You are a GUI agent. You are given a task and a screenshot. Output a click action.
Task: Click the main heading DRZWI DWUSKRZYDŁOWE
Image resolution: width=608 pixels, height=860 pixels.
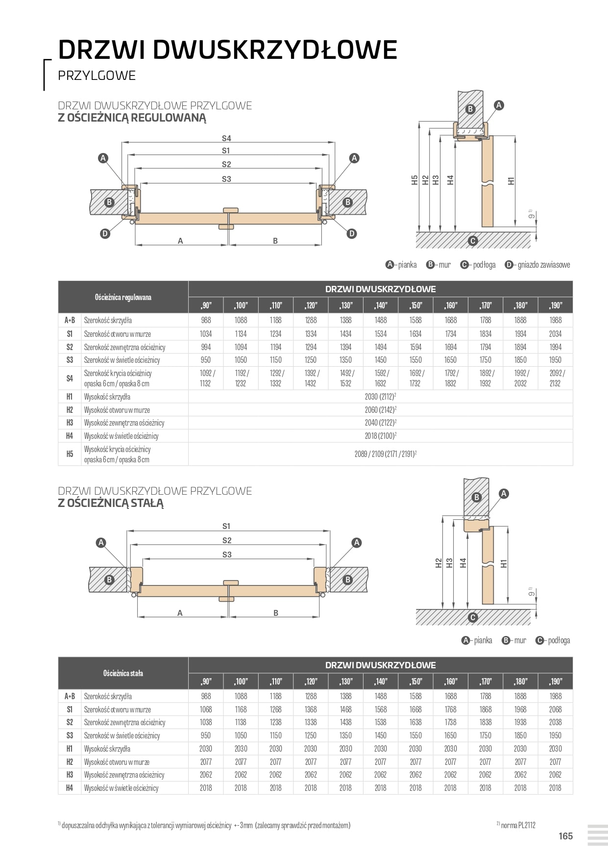coord(227,50)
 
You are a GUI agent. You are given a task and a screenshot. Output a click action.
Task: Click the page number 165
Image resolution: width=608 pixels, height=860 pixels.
coord(565,836)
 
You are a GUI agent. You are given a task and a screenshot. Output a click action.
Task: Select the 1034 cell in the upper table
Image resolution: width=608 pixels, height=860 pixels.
coord(206,334)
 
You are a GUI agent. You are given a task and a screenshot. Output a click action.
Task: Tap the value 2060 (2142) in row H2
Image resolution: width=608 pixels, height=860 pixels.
coord(380,410)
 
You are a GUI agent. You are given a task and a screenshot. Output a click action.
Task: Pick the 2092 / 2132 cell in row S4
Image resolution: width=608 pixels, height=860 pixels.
coord(555,378)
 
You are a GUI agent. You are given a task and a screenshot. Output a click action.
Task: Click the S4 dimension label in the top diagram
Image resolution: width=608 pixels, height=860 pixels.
coord(226,138)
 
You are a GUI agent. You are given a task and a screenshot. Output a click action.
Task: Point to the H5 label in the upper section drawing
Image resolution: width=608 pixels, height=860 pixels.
coord(414,180)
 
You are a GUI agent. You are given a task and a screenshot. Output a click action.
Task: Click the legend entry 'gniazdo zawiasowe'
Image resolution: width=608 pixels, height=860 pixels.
coord(543,265)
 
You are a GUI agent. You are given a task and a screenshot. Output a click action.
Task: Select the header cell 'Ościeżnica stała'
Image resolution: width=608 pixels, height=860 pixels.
coord(123,673)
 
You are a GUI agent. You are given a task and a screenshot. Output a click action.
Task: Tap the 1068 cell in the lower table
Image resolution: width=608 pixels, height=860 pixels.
coord(206,709)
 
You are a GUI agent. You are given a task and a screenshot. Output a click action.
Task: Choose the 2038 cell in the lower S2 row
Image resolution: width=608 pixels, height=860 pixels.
coord(555,722)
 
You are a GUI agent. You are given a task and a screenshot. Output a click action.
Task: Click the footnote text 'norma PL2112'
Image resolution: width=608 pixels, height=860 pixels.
coord(518,825)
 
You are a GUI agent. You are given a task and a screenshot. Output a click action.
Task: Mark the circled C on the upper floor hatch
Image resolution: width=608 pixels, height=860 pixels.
coord(472,241)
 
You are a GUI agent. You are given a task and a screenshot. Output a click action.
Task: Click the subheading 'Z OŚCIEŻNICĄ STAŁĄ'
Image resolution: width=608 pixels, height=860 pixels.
coord(111,503)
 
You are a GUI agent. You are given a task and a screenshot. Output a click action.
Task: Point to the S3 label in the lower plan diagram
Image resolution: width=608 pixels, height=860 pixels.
coord(226,555)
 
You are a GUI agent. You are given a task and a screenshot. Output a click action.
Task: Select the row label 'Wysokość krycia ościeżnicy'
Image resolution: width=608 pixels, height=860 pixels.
coord(117,449)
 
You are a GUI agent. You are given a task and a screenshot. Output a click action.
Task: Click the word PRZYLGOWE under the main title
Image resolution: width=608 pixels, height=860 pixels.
coord(97,76)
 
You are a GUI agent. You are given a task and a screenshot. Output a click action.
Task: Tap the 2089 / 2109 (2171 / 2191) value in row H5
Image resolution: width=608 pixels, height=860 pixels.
coord(385,454)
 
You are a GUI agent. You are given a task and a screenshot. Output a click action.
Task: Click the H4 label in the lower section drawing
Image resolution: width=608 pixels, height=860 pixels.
coord(463,563)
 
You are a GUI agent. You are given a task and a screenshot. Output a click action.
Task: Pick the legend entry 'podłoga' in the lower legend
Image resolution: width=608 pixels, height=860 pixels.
coord(559,640)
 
